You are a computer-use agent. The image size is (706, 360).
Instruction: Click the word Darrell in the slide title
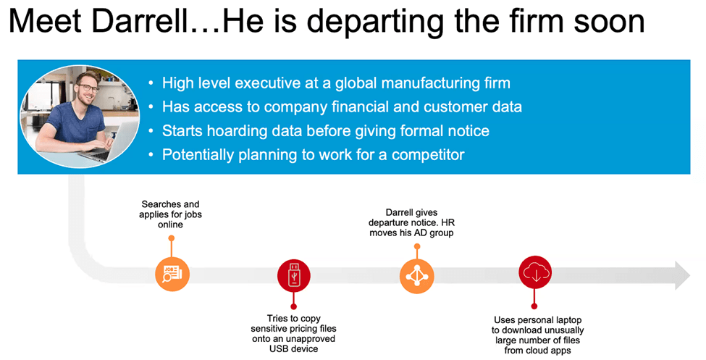click(x=142, y=21)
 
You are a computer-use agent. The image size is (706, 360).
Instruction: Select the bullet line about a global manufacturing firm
click(x=336, y=83)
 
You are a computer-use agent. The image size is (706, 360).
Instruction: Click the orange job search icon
click(x=172, y=274)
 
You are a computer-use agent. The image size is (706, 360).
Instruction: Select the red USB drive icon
click(x=293, y=275)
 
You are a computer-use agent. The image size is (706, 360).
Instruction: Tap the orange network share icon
click(x=417, y=276)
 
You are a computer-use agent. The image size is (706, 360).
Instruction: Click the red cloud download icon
click(x=535, y=272)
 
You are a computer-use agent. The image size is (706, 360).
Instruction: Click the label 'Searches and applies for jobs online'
click(x=170, y=214)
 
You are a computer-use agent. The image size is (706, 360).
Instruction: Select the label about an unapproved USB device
click(x=293, y=333)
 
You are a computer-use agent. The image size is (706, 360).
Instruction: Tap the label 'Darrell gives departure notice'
click(x=411, y=222)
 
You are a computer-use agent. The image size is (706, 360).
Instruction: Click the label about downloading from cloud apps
click(x=537, y=335)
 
